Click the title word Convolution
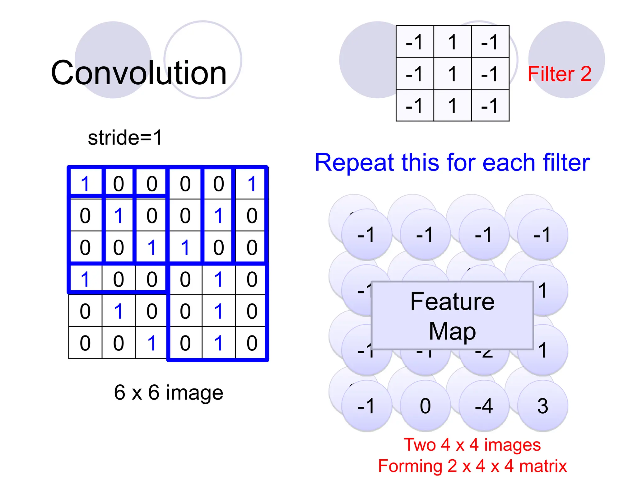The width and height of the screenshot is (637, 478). point(139,73)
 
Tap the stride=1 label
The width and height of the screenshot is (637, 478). point(125,138)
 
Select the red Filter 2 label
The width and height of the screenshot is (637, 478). point(559,74)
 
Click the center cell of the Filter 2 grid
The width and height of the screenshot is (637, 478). point(452,73)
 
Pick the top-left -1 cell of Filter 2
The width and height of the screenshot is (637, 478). point(415,42)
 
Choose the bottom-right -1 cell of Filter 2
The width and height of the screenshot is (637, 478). point(490,105)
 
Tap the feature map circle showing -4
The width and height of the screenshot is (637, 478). point(484,406)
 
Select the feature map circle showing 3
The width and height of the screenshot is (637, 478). point(543,406)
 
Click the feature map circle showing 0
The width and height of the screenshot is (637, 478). point(425,406)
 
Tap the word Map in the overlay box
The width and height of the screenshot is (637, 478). point(452,331)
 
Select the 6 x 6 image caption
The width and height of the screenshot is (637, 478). point(168,392)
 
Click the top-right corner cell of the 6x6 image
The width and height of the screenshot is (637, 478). point(252,184)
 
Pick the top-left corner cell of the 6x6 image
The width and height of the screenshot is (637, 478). point(85,184)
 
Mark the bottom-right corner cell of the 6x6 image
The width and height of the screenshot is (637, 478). point(252,343)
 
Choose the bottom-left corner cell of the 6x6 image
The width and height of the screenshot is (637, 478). point(85,343)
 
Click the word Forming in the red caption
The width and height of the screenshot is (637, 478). point(410,466)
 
